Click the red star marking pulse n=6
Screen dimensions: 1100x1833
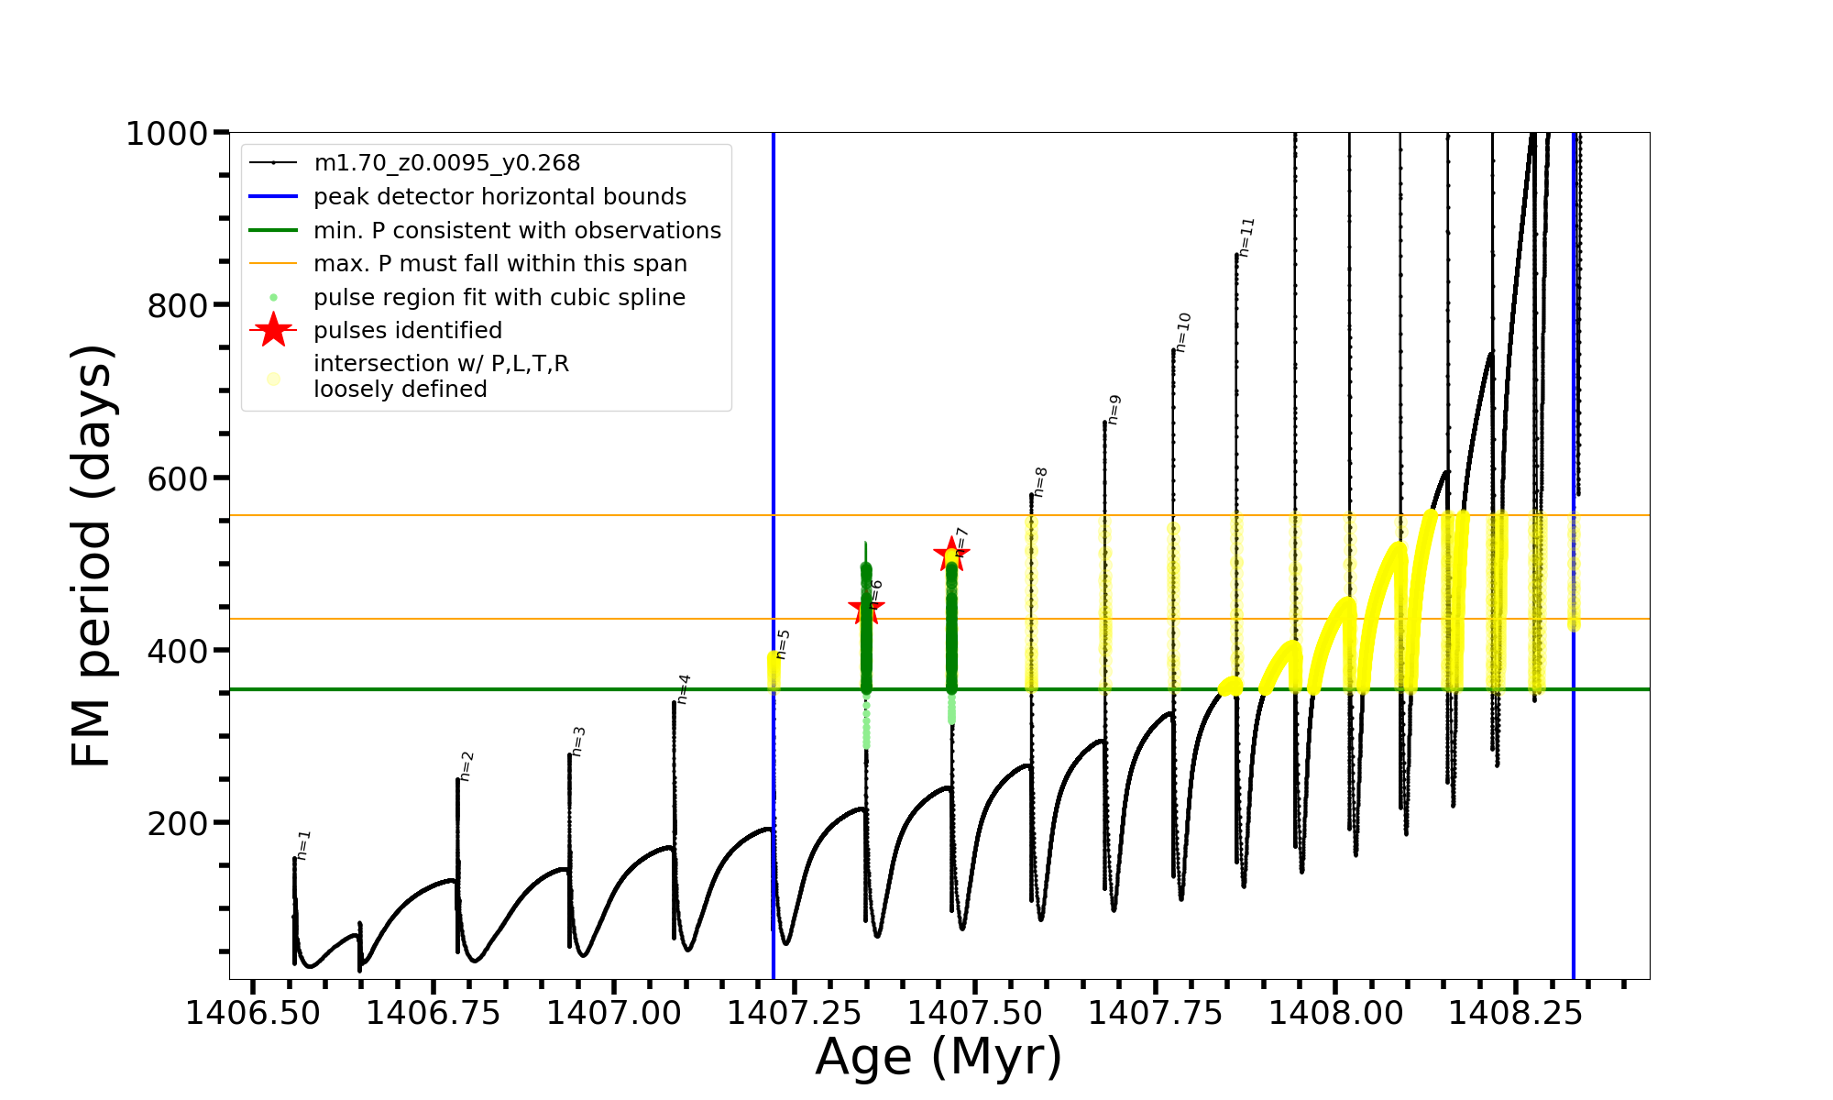tap(866, 607)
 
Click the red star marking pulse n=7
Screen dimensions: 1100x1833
tap(951, 554)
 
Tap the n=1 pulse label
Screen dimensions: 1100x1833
tap(304, 844)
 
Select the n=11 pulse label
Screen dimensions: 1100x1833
tap(1246, 236)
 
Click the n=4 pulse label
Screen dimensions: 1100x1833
tap(684, 688)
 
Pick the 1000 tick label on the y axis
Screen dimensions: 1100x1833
tap(167, 134)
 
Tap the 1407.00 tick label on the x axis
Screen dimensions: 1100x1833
tap(614, 1013)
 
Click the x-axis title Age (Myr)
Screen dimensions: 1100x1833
tap(938, 1057)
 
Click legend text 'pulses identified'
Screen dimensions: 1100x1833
tap(408, 330)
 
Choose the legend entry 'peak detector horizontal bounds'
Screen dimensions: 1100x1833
tap(499, 196)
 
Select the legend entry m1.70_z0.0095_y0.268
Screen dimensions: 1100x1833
tap(446, 163)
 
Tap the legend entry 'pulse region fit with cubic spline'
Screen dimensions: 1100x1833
tap(499, 297)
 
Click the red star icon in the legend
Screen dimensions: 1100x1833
tap(273, 330)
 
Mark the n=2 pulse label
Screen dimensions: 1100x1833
tap(466, 765)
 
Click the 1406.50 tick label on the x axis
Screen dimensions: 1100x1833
tap(253, 1013)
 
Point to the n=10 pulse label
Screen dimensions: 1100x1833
tap(1183, 332)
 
